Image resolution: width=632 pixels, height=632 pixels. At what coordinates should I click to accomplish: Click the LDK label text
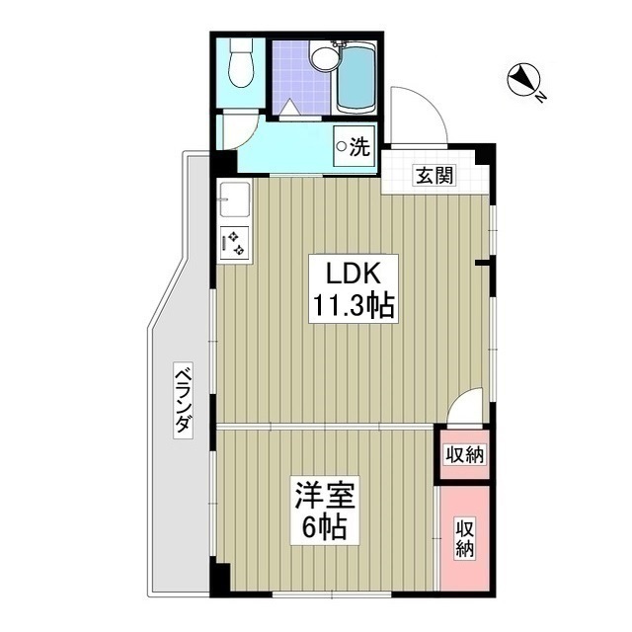(343, 273)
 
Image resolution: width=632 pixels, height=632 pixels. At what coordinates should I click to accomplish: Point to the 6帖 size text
(323, 528)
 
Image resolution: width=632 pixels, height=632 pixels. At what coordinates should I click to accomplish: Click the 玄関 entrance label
(434, 177)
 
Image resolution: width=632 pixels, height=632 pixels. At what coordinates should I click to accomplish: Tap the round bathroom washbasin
(324, 57)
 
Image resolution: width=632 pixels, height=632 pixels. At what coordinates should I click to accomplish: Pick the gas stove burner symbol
(236, 241)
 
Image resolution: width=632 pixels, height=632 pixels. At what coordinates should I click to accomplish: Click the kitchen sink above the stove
(235, 200)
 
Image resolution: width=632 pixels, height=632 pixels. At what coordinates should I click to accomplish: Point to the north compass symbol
(522, 80)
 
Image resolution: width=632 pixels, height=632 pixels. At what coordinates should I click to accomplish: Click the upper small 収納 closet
(464, 454)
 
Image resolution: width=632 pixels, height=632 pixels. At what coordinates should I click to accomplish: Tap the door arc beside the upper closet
(467, 405)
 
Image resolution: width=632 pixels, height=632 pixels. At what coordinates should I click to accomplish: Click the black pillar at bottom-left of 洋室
(220, 578)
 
